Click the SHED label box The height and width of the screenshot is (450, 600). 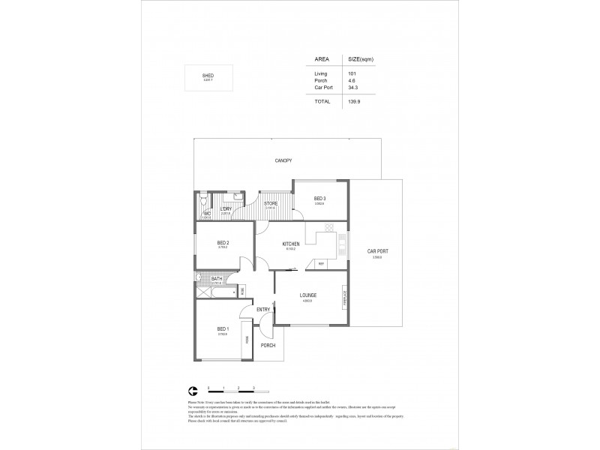[x=208, y=77]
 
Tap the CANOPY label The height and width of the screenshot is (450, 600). [x=283, y=160]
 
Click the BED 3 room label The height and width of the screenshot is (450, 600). [x=319, y=198]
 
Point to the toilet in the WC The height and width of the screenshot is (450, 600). [x=203, y=202]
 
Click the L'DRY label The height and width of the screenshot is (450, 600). [x=225, y=209]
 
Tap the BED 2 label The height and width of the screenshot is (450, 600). [x=223, y=242]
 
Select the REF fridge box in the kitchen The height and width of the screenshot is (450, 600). [x=321, y=264]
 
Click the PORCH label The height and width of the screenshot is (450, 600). [x=268, y=345]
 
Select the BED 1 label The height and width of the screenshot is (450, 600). [x=223, y=329]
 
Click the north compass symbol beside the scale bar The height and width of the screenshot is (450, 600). [x=193, y=390]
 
